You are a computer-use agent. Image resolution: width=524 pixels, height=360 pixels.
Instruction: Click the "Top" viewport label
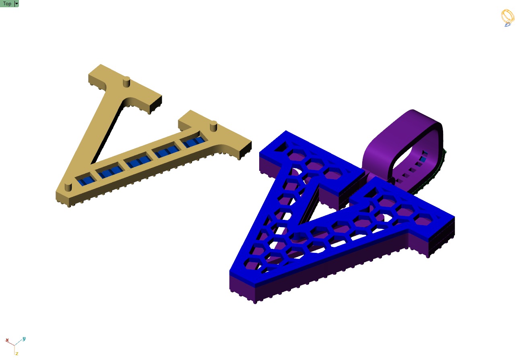pos(7,4)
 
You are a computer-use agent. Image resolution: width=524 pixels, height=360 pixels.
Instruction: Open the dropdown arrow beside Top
pos(17,4)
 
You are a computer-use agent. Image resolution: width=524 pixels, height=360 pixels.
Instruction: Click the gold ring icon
pos(508,18)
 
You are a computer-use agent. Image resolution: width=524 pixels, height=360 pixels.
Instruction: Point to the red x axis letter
pos(7,340)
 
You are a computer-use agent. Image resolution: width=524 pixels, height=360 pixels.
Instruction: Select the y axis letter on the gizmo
pos(24,339)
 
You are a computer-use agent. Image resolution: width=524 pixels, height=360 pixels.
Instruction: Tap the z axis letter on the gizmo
pos(17,354)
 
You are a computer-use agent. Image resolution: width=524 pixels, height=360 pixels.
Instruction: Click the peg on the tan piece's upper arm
pos(126,81)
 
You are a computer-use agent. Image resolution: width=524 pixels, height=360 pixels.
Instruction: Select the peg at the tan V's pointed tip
pos(68,187)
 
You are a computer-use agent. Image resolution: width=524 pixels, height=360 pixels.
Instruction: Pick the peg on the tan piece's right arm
pos(214,126)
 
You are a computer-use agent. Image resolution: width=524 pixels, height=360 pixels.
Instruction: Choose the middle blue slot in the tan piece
pos(138,163)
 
